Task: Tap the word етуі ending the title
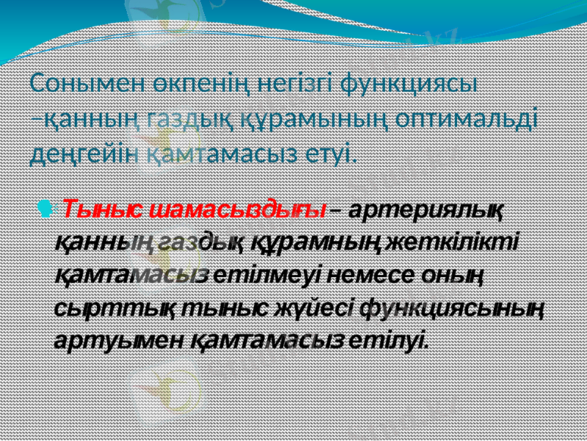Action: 335,154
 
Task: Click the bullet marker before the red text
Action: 48,208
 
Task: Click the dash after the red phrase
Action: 335,210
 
